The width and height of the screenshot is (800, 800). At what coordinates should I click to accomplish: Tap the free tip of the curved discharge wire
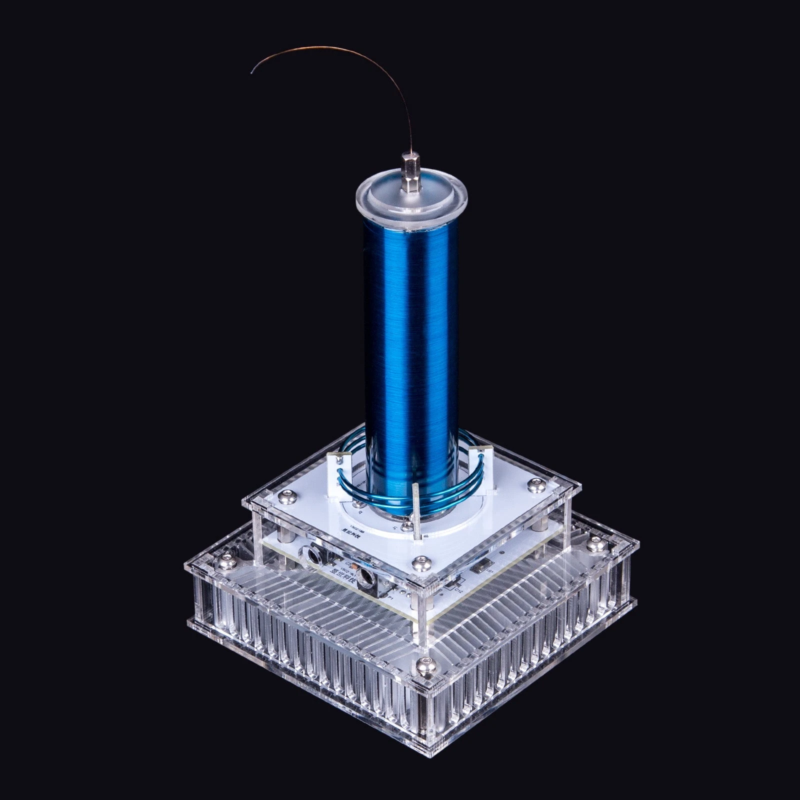point(252,72)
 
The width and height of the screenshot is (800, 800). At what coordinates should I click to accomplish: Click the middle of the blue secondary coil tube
point(413,340)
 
